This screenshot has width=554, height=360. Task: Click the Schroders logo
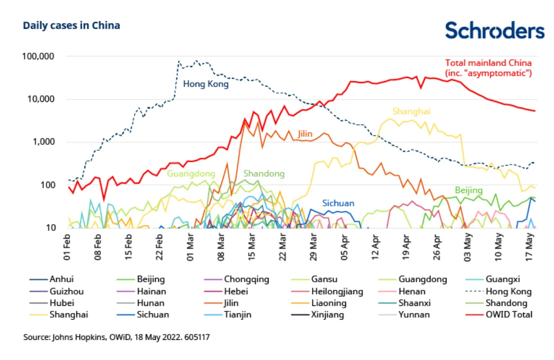pos(495,31)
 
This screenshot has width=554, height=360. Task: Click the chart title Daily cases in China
pos(71,26)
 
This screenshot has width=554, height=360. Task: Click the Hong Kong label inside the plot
pos(206,84)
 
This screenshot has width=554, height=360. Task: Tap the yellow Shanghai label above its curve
pos(412,111)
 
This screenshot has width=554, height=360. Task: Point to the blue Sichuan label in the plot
pos(338,203)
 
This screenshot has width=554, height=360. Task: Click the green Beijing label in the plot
pos(468,190)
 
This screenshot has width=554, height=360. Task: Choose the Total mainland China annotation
pos(488,67)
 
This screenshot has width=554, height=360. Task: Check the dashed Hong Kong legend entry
pos(508,291)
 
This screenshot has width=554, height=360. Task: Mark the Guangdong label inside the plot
pos(191,174)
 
